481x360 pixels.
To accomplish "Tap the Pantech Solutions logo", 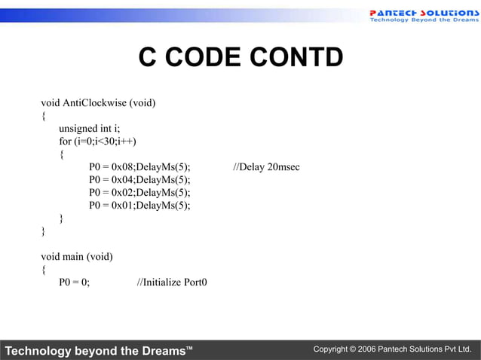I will (x=422, y=15).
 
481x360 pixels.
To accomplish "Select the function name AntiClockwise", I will (x=94, y=102).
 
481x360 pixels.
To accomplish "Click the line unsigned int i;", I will (x=90, y=128).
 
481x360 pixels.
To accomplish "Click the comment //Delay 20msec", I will (x=266, y=166).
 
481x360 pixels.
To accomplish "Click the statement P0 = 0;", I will (x=75, y=282).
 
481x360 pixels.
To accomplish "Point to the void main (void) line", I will (x=77, y=257).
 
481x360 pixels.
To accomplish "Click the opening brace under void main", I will (x=44, y=270).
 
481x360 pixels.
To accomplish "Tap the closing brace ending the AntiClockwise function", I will (x=44, y=231).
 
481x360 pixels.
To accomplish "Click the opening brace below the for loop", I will (x=62, y=154).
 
